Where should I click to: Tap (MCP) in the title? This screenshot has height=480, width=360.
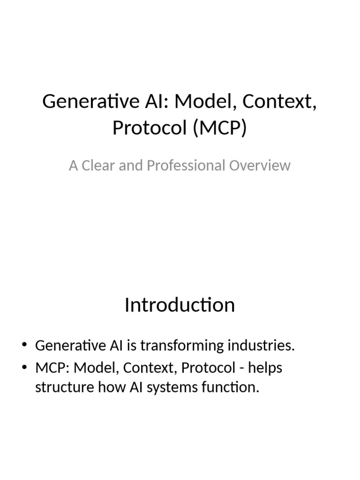pyautogui.click(x=219, y=127)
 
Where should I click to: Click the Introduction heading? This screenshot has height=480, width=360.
pyautogui.click(x=180, y=305)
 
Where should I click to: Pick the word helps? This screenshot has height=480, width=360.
pyautogui.click(x=265, y=368)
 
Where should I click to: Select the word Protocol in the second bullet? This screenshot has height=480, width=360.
pyautogui.click(x=208, y=368)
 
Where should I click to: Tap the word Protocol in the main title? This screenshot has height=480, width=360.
pyautogui.click(x=150, y=127)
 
